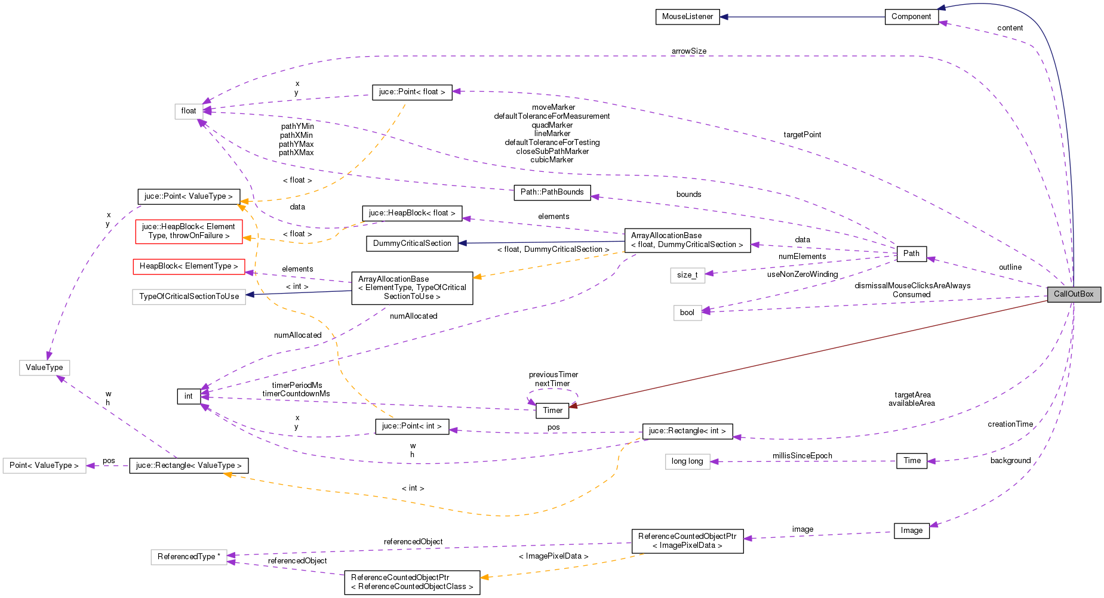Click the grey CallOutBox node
coord(1073,294)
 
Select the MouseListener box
coord(687,17)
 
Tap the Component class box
coord(911,17)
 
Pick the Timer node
coord(552,411)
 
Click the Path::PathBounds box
coord(552,192)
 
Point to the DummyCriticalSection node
coord(412,243)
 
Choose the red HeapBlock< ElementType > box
coord(189,266)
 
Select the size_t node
coord(687,275)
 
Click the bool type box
coord(687,313)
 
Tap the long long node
coord(687,461)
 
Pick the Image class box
coord(911,531)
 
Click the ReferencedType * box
coord(189,557)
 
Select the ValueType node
coord(44,368)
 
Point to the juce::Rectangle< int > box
coord(687,431)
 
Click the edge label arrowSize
coord(688,51)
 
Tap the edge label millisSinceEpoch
coord(802,456)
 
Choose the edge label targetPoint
coord(802,135)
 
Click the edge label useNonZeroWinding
coord(802,275)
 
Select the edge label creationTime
coord(1010,424)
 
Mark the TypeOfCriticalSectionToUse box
coord(189,297)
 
